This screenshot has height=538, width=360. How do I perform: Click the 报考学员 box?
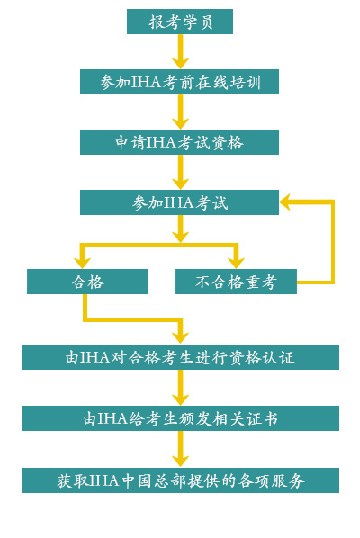click(180, 22)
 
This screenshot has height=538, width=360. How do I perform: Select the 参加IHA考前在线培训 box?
click(179, 82)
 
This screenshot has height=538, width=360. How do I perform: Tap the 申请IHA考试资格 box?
click(179, 142)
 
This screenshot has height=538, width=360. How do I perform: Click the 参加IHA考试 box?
click(179, 202)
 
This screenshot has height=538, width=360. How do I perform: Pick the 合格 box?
click(87, 282)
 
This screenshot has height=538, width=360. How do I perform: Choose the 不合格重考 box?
click(236, 282)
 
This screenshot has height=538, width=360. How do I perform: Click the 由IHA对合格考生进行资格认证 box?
click(180, 357)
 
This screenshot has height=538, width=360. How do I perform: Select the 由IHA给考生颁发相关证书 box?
click(180, 418)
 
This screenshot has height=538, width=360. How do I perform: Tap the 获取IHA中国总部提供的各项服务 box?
click(180, 480)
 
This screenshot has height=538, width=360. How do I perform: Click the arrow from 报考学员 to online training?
click(181, 51)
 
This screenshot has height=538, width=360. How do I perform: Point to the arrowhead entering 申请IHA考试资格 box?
click(181, 124)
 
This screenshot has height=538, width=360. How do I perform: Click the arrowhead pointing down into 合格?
click(83, 264)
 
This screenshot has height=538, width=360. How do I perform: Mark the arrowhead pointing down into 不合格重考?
click(236, 264)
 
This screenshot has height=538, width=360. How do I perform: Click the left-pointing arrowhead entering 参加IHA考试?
click(284, 202)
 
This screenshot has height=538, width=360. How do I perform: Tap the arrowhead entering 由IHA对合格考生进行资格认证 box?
click(181, 338)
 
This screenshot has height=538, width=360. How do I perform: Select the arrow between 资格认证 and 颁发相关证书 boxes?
click(181, 388)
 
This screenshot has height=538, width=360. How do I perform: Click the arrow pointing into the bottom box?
click(181, 449)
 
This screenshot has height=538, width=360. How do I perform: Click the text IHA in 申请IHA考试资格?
click(161, 143)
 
